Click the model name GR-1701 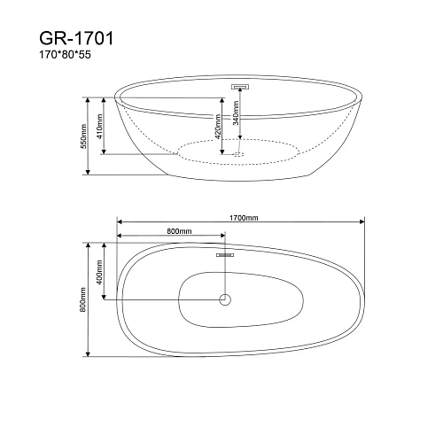[x=76, y=38]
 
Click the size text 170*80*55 [x=66, y=55]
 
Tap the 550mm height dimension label [x=83, y=136]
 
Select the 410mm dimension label [x=99, y=126]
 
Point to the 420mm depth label [x=218, y=127]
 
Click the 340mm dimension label [x=236, y=113]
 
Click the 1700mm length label [x=244, y=218]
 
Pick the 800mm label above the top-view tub [x=179, y=231]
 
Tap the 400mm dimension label [x=99, y=272]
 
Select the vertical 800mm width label [x=83, y=299]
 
